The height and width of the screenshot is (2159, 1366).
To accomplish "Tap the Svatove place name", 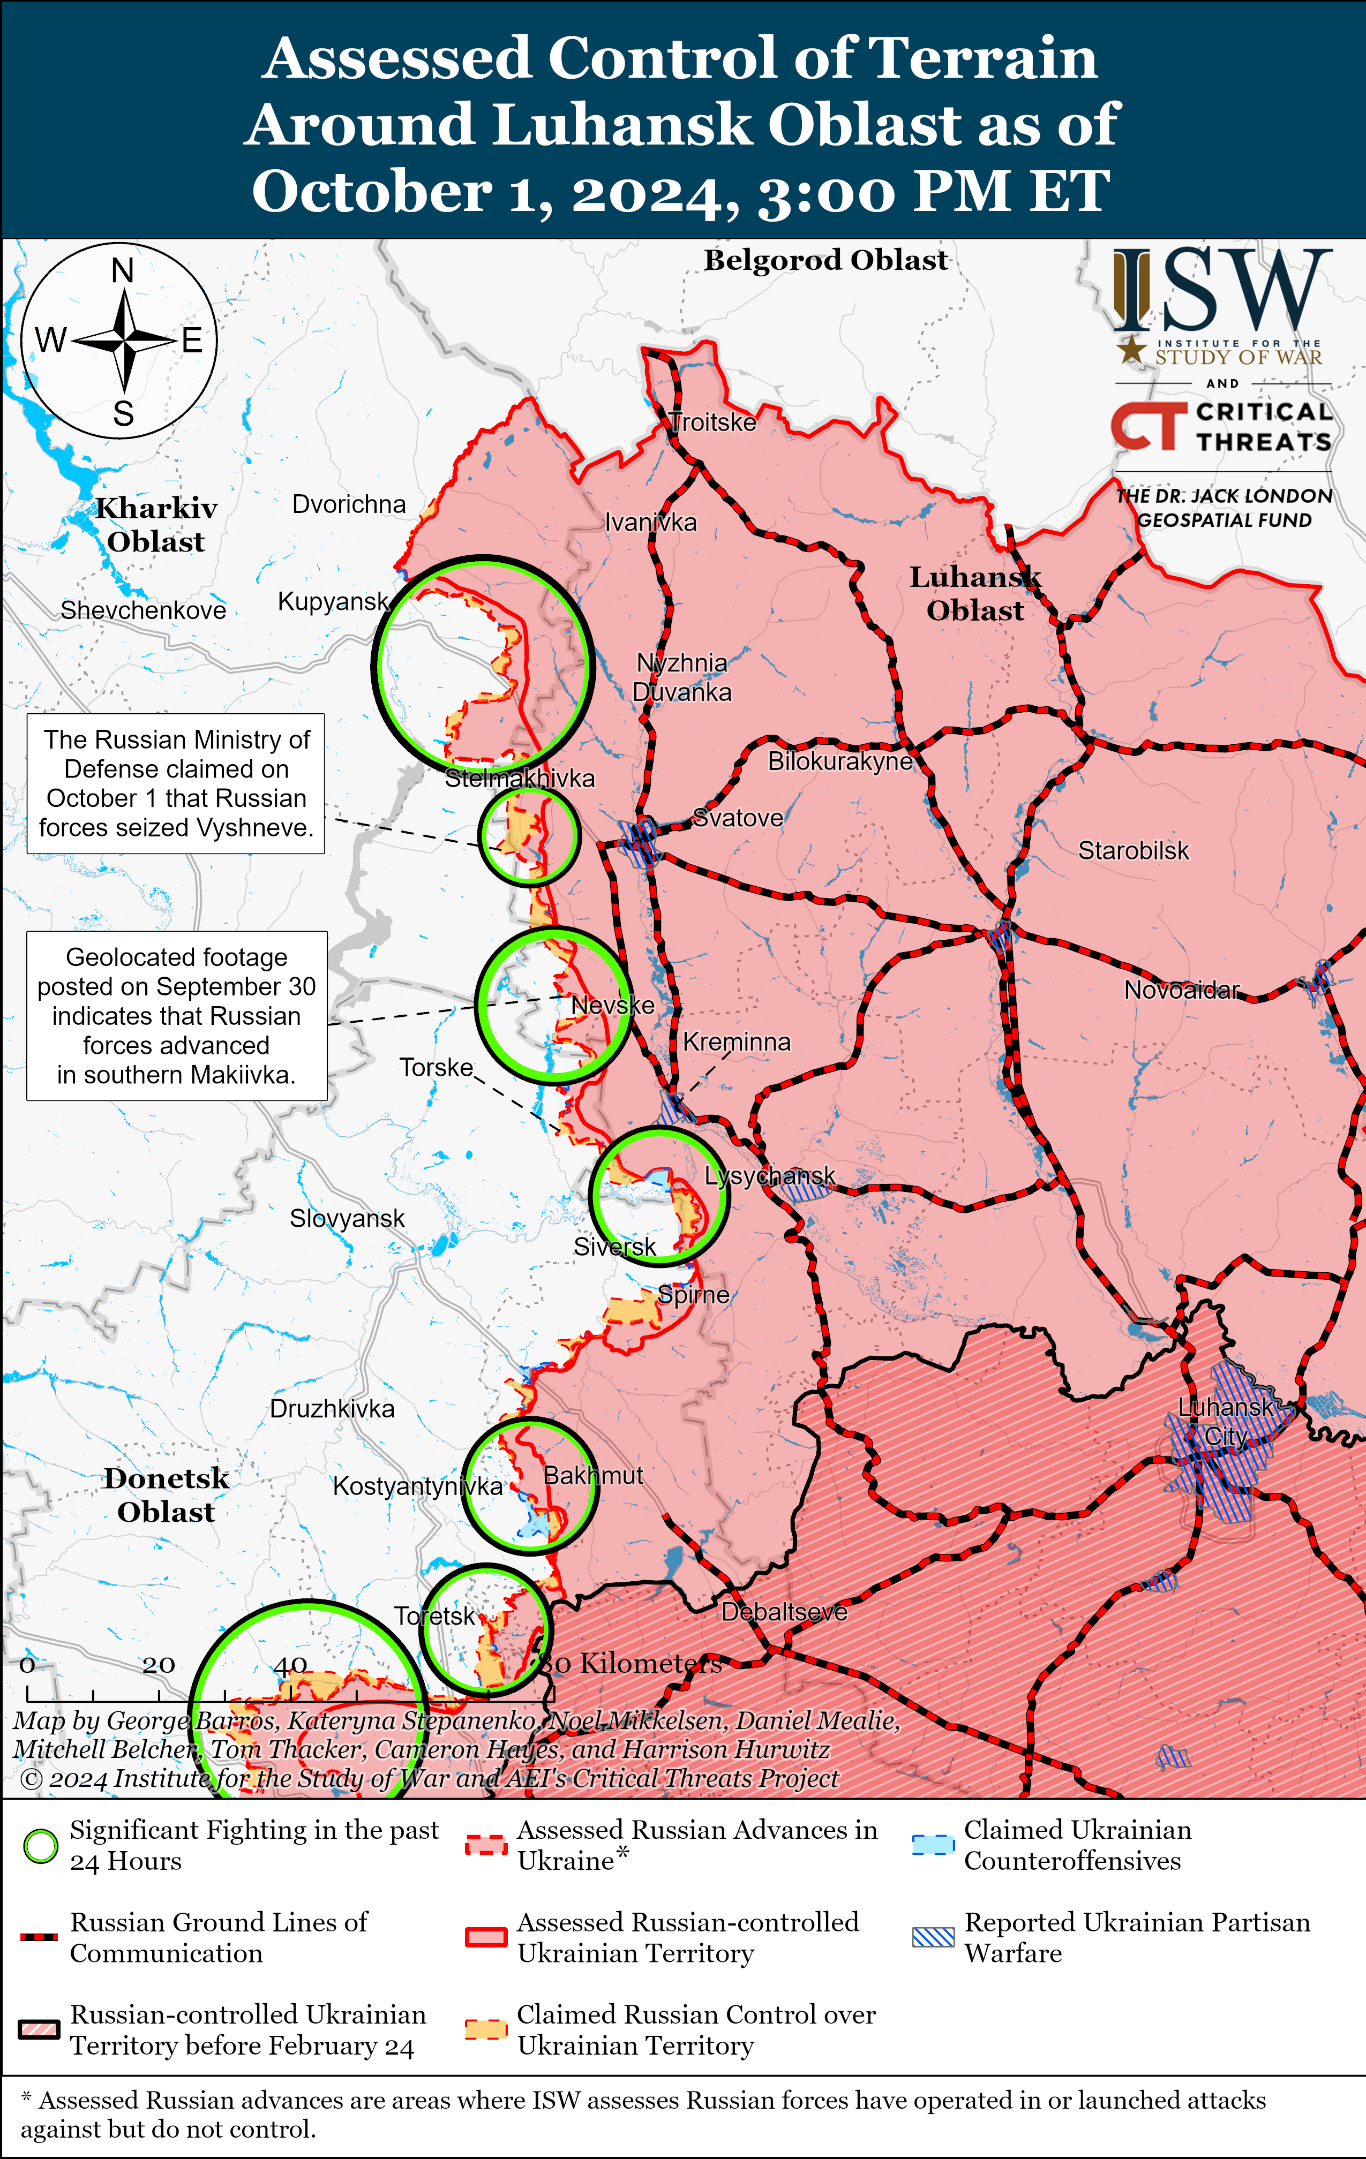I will pos(738,818).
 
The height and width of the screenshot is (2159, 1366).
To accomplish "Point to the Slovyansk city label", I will pos(347,1219).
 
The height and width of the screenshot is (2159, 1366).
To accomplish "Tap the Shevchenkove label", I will pos(144,610).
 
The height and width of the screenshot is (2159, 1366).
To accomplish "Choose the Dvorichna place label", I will pos(349,505).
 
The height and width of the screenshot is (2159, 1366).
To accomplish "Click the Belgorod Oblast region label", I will pos(825,260).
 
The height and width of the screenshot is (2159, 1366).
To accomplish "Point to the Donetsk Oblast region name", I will pos(167,1494).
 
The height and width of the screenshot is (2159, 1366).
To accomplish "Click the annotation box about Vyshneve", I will pos(176,783).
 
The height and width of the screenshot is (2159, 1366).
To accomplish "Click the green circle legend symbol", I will pos(40,1846).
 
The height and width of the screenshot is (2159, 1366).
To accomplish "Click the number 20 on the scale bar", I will pos(159,1665).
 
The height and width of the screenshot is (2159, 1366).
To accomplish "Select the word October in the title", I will pos(372,191).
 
